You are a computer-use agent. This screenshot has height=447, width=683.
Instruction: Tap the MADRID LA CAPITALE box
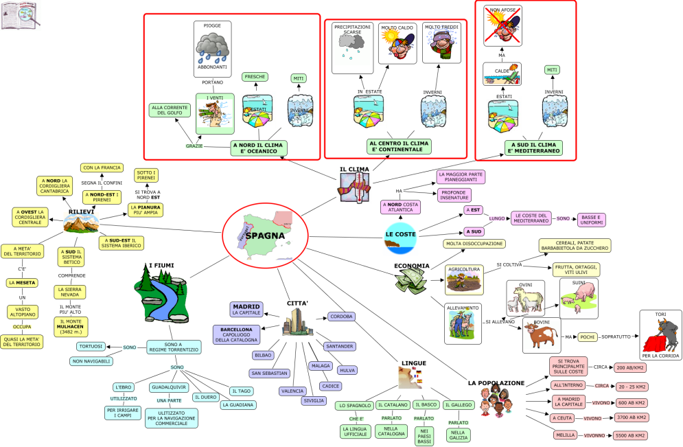pos(246,309)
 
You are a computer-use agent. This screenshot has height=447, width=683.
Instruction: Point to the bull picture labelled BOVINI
pos(542,335)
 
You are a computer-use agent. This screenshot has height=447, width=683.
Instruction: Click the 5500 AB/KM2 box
pos(631,435)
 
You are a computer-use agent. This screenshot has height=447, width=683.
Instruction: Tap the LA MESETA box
pos(23,282)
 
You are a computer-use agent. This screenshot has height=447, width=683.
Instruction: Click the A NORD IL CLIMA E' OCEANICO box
pos(258,148)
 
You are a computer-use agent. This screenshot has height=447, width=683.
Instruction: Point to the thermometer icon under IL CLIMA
pos(354,185)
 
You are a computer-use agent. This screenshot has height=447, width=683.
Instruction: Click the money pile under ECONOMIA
pos(412,280)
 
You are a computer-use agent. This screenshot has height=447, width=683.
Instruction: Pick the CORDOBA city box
pos(341,317)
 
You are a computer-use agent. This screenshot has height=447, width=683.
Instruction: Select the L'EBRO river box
pos(124,387)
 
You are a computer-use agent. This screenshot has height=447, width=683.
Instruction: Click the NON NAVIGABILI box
pos(91,361)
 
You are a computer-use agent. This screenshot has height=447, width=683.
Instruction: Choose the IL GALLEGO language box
pos(459,405)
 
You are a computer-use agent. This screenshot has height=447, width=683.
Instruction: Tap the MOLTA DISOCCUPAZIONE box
pos(474,244)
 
